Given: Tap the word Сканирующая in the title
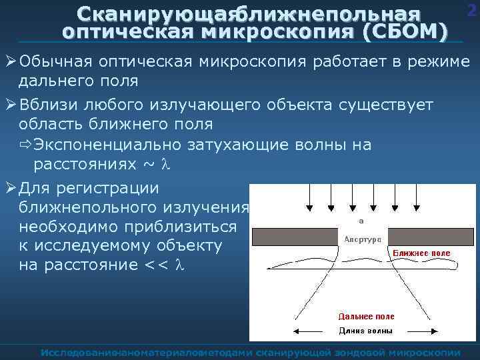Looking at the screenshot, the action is [154, 14].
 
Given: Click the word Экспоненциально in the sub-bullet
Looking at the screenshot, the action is [113, 145].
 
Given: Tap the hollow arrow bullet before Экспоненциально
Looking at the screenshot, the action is [26, 145].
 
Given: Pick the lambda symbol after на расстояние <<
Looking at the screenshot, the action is [178, 265].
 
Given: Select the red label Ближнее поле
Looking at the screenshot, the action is [421, 253].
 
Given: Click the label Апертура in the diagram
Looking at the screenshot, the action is [362, 238].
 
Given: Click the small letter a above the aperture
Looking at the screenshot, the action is [361, 220].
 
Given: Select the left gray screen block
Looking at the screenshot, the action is [293, 237].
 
